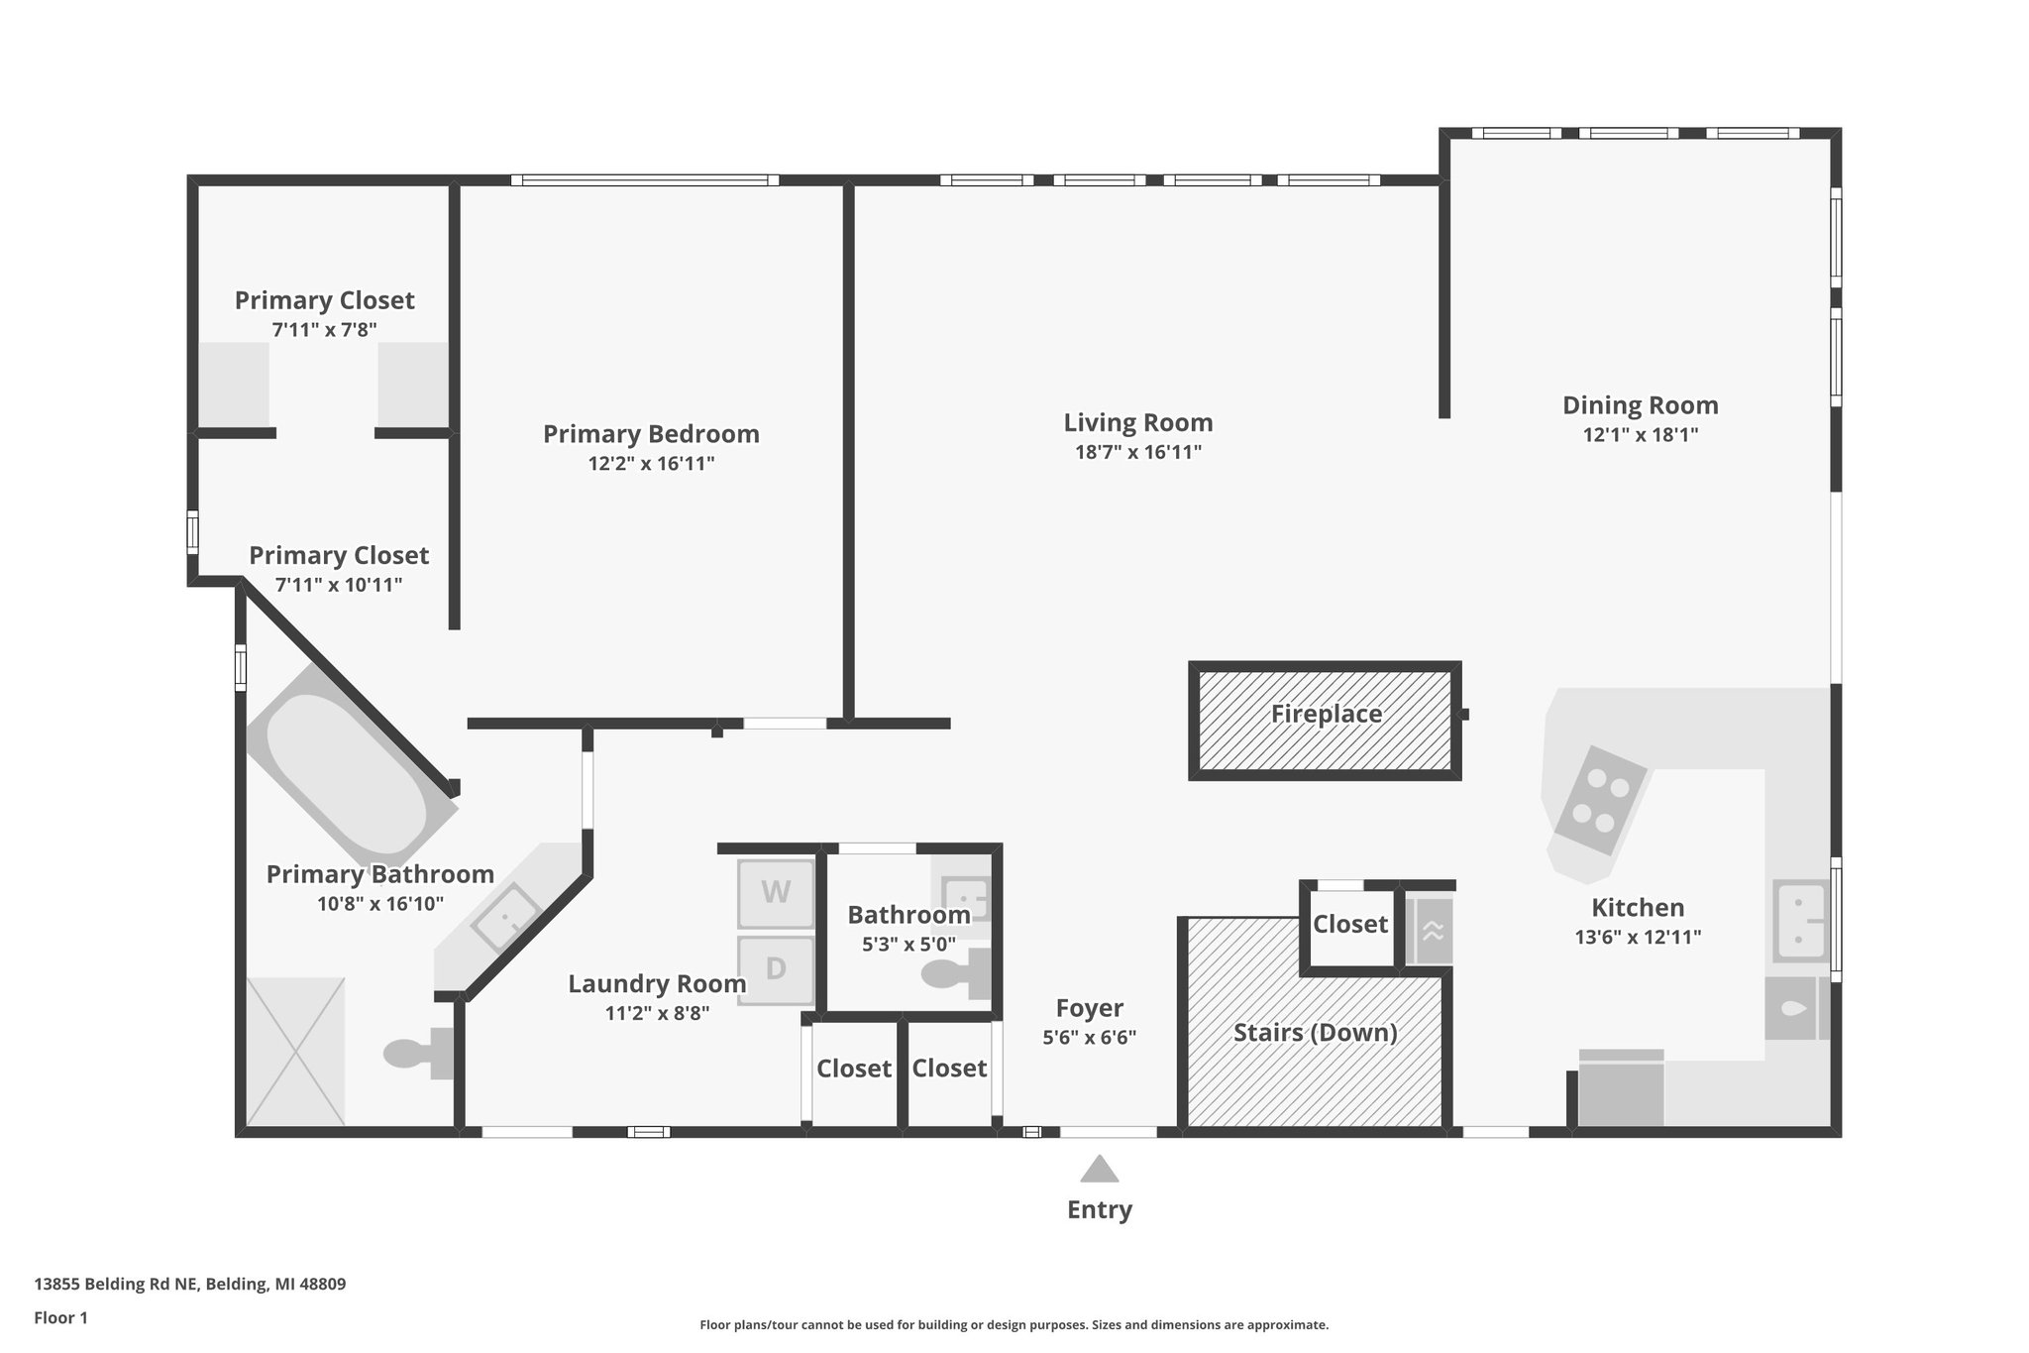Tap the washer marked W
(776, 893)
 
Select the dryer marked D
(776, 969)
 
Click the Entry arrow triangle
(1099, 1170)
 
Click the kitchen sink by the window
(1801, 921)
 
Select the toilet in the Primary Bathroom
(416, 1053)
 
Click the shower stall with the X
(295, 1052)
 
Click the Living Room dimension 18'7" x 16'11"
(1138, 452)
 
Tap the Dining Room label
(1640, 405)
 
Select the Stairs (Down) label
(1315, 1033)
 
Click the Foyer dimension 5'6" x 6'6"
(1089, 1038)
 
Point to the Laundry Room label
(657, 984)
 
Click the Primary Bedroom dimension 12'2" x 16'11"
(651, 463)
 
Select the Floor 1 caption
(61, 1317)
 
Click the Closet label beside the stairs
(1349, 924)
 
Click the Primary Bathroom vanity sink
(505, 917)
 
